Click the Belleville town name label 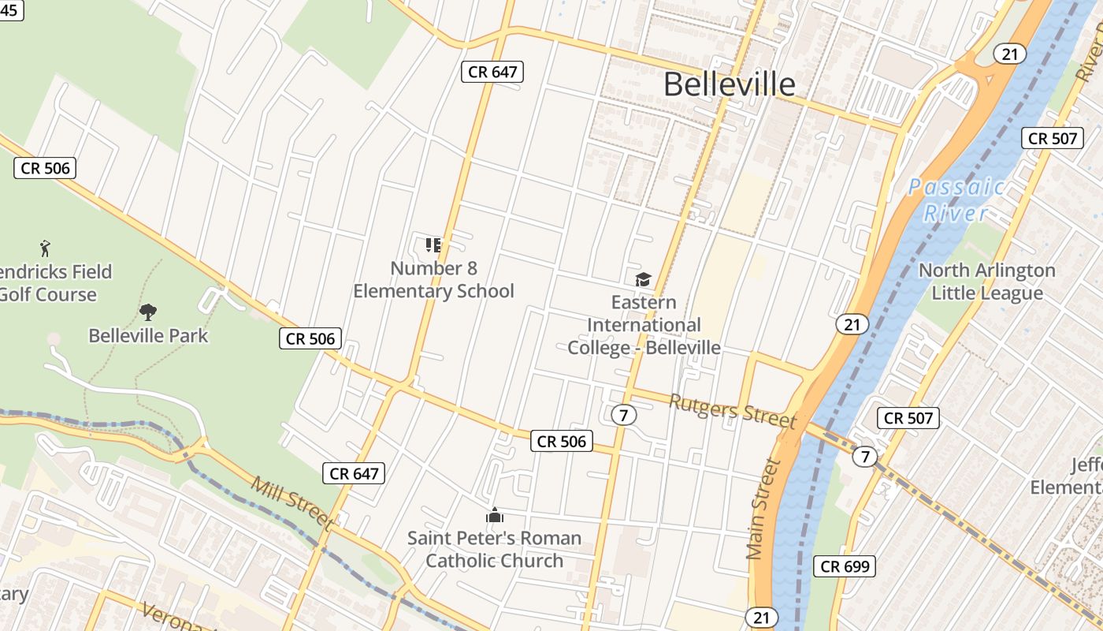tap(729, 84)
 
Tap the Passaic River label tap(956, 200)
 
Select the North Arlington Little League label tap(986, 282)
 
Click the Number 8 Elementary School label tap(433, 279)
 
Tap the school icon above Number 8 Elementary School tap(433, 245)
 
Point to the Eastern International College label tap(644, 325)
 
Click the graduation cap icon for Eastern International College tap(644, 279)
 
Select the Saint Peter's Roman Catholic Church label tap(494, 549)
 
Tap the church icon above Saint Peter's tap(494, 516)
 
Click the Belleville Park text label tap(148, 335)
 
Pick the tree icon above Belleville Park tap(147, 312)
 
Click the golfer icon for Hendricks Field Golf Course tap(45, 249)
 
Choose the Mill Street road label tap(292, 502)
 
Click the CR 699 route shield tap(845, 566)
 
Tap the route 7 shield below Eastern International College tap(623, 415)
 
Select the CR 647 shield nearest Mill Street tap(355, 473)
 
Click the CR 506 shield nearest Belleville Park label tap(310, 339)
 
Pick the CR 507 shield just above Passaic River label tap(1053, 138)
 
